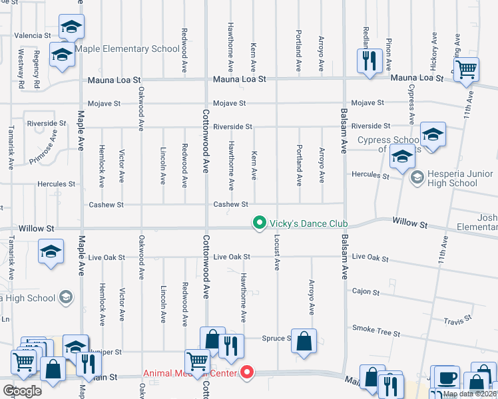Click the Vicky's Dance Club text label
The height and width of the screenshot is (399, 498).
300,223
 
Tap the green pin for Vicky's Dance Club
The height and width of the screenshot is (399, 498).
258,223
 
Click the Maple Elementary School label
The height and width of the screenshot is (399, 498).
127,49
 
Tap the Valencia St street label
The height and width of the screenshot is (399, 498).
29,35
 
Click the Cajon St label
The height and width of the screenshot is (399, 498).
366,292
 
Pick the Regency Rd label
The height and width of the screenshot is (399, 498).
37,74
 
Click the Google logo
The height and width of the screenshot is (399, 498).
22,390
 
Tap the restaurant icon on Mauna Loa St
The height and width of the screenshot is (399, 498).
368,61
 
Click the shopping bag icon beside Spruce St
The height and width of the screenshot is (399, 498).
304,341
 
